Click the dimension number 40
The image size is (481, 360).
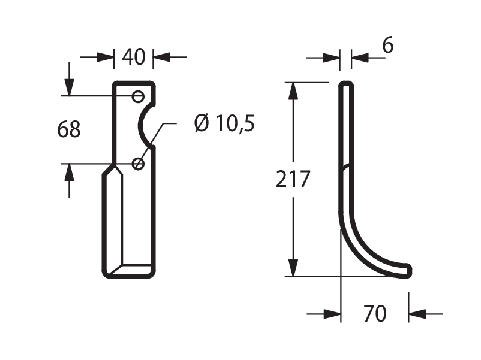[x=133, y=57]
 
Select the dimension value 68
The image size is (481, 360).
[x=69, y=129]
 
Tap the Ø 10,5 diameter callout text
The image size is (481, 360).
[x=224, y=123]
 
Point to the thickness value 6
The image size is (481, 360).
[x=387, y=46]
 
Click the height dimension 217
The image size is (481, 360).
[x=293, y=179]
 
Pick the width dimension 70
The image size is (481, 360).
[x=375, y=314]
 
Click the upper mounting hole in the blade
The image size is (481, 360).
[x=138, y=97]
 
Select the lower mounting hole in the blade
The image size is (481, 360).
[x=138, y=164]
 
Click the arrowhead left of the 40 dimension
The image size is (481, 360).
[x=105, y=57]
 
